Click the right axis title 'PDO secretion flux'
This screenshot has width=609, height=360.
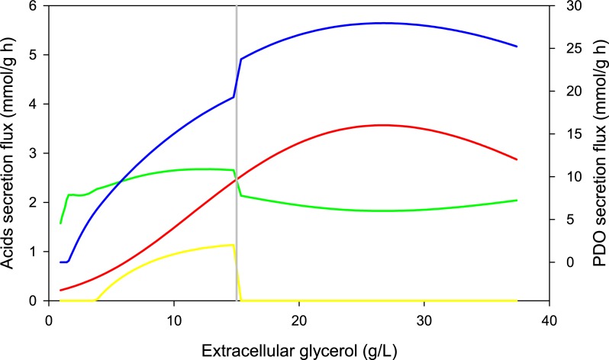597,153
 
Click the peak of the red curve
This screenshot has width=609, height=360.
382,125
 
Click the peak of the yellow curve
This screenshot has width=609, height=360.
231,245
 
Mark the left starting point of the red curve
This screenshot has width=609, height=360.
60,290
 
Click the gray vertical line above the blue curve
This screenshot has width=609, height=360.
237,46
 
